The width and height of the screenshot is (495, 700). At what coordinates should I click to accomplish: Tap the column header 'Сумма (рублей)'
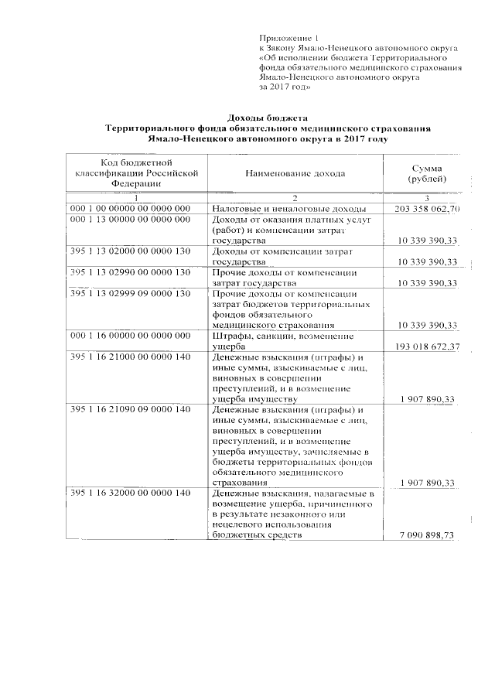tap(427, 173)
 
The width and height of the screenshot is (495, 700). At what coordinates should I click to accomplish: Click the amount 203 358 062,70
tap(427, 209)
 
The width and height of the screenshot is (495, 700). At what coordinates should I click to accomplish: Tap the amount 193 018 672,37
tap(427, 347)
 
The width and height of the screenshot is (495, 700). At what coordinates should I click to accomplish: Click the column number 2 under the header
tap(295, 199)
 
